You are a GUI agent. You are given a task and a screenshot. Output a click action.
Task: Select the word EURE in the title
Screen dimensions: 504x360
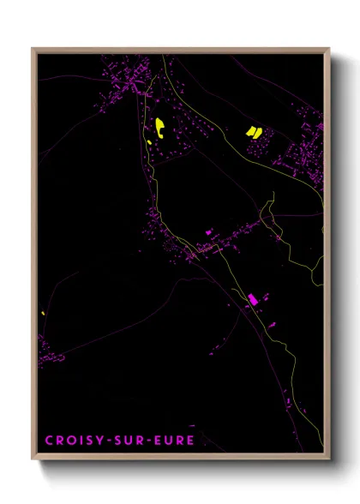[176, 441]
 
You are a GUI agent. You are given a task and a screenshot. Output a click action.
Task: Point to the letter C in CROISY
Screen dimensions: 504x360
[49, 441]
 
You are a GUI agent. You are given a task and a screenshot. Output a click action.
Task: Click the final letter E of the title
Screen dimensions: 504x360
[190, 441]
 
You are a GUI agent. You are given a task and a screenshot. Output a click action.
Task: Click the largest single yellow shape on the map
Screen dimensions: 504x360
[159, 129]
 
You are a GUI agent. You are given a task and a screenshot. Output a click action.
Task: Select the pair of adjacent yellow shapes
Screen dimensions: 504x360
[253, 131]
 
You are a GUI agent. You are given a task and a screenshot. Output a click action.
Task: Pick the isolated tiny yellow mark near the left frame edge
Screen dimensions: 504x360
[42, 313]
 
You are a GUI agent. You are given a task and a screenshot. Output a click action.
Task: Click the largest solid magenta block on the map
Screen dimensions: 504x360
[253, 299]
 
